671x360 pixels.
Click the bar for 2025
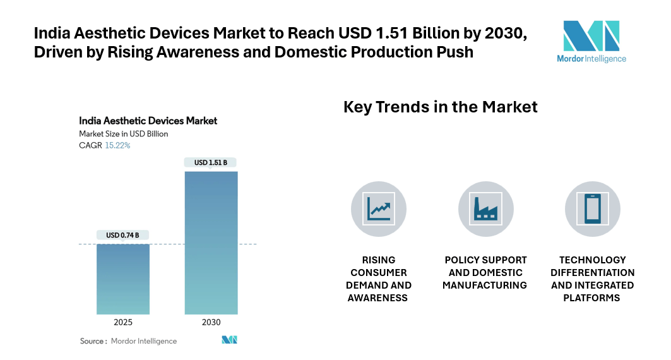point(123,279)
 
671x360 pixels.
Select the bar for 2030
point(211,243)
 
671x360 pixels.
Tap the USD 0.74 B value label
point(123,236)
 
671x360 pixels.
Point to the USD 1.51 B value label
point(211,163)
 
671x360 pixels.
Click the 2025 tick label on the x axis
point(123,322)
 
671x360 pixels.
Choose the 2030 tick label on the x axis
point(211,322)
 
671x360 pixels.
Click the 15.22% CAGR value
point(117,145)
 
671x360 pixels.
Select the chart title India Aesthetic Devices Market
point(148,120)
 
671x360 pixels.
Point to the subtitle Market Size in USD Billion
point(123,134)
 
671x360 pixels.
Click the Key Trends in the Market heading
point(440,107)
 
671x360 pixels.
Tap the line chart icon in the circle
point(379,209)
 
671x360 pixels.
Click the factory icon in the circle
point(485,209)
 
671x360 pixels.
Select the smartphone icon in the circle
point(592,209)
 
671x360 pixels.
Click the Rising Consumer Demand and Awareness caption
point(379,279)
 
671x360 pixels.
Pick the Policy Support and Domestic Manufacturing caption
point(485,272)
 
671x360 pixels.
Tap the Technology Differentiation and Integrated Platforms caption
point(592,279)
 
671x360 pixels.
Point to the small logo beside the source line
point(229,340)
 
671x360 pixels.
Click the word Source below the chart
point(92,341)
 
